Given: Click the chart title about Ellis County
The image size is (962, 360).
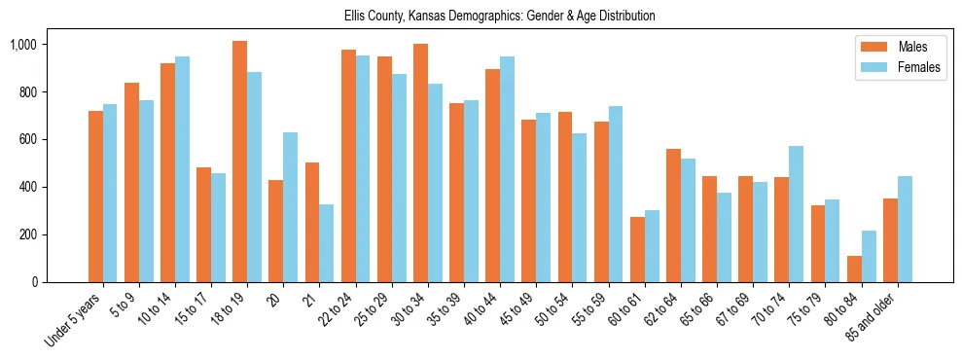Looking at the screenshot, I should pyautogui.click(x=500, y=17).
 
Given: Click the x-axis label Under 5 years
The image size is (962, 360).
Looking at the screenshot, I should pyautogui.click(x=74, y=320).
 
